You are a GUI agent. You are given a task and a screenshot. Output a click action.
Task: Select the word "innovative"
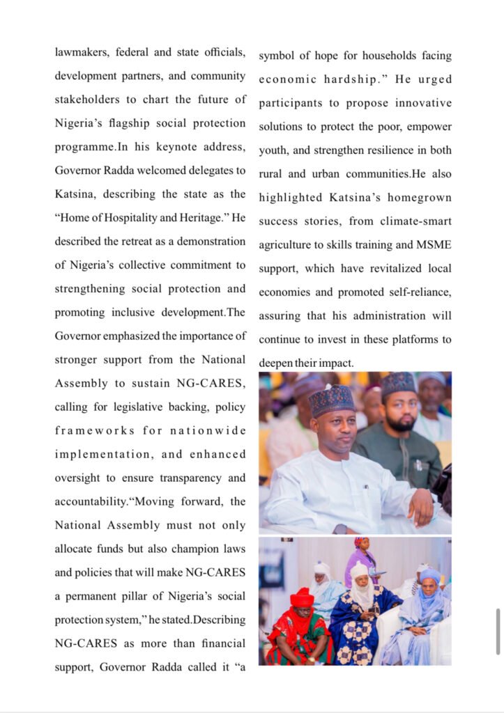click(x=420, y=103)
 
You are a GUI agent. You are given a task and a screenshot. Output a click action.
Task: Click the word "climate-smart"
click(x=414, y=221)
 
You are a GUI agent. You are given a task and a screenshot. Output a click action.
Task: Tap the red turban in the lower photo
click(x=302, y=597)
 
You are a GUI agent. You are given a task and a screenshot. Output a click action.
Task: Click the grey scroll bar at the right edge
click(x=497, y=630)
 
